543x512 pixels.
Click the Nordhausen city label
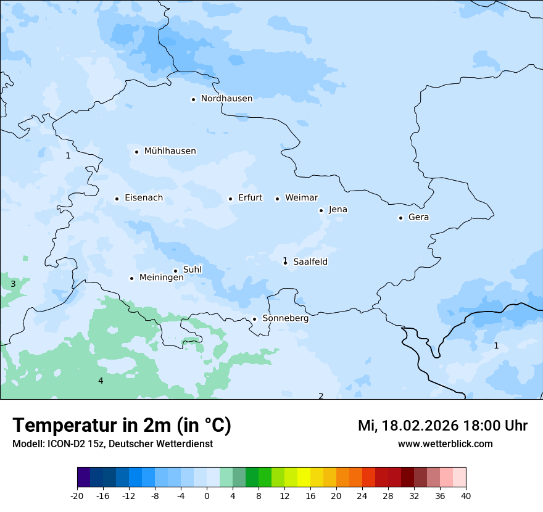pos(226,99)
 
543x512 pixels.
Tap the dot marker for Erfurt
pos(230,199)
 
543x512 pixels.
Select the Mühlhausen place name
pos(170,151)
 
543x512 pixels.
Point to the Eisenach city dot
pos(117,199)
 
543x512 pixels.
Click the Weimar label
pos(301,198)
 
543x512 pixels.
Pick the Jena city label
pos(338,210)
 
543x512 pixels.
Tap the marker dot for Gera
pos(400,218)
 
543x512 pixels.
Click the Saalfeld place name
pos(310,262)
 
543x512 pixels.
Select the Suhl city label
pos(193,270)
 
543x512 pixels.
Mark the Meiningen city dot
pos(131,278)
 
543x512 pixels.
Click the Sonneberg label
pos(285,319)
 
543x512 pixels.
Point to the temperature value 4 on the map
pos(101,381)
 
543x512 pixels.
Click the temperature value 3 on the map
pos(13,284)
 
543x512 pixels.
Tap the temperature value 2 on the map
pos(321,396)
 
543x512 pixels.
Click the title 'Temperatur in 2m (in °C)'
pos(122,426)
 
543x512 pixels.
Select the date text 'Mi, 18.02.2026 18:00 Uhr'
pos(442,426)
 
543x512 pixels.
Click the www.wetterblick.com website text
pos(445,444)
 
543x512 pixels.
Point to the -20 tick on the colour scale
pos(77,495)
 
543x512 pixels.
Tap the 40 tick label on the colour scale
pos(466,495)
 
